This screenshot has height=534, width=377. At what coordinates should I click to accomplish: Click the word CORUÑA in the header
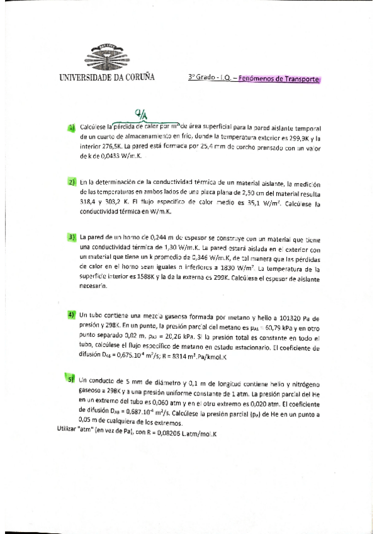137,78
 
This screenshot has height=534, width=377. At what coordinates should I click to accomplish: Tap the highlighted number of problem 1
72,127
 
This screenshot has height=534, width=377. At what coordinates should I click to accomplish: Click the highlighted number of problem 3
72,237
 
